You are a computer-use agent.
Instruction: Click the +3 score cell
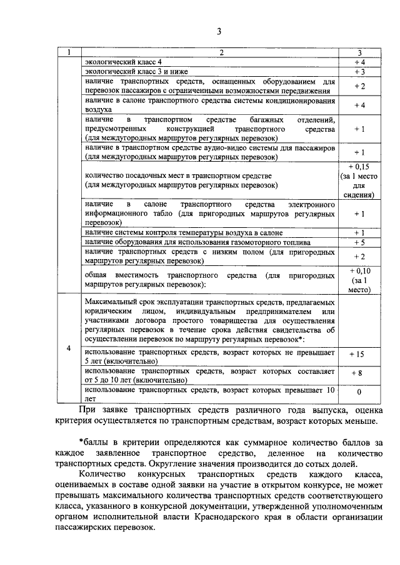(x=359, y=72)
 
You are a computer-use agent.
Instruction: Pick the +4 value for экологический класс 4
(x=359, y=62)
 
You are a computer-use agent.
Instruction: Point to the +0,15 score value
(x=359, y=167)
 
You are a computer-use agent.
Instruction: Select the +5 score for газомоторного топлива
(x=359, y=242)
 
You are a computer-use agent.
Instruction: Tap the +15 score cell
(x=357, y=353)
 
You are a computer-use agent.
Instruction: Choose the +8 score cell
(x=357, y=372)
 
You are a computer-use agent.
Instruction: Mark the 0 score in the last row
(x=359, y=393)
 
